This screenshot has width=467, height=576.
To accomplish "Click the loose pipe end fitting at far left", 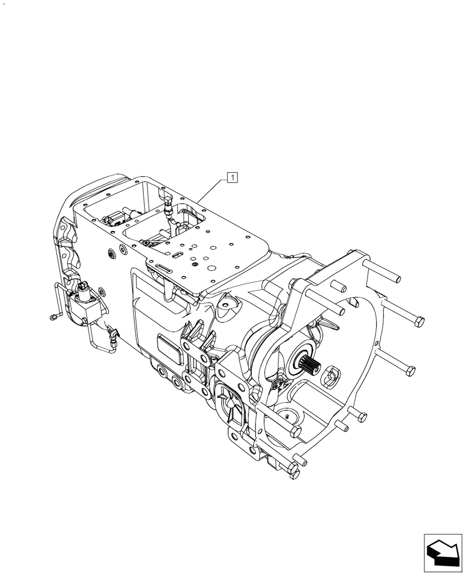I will [x=52, y=316].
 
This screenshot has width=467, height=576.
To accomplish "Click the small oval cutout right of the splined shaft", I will [x=331, y=379].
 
